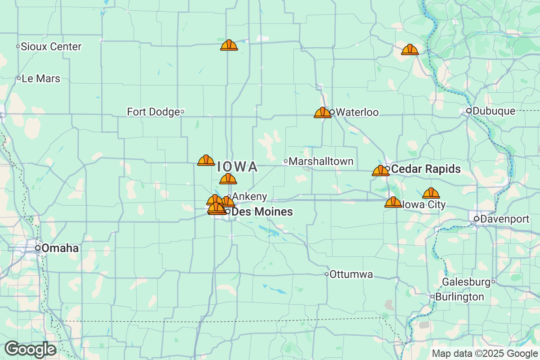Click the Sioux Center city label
tap(52, 47)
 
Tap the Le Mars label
tap(41, 79)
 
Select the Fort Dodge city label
tap(153, 112)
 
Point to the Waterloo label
tap(357, 112)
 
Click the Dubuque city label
tap(494, 111)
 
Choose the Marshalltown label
tap(321, 161)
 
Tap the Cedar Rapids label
tap(426, 169)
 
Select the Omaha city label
tap(60, 248)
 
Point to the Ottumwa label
tap(351, 274)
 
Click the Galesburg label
tap(466, 282)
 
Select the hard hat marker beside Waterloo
tap(322, 112)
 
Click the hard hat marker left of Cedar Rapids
tap(381, 171)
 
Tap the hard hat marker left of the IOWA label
tap(206, 160)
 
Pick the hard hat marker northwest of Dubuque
tap(409, 49)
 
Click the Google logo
tap(31, 349)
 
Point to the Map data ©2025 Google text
tap(485, 354)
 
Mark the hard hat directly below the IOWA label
tap(228, 179)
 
